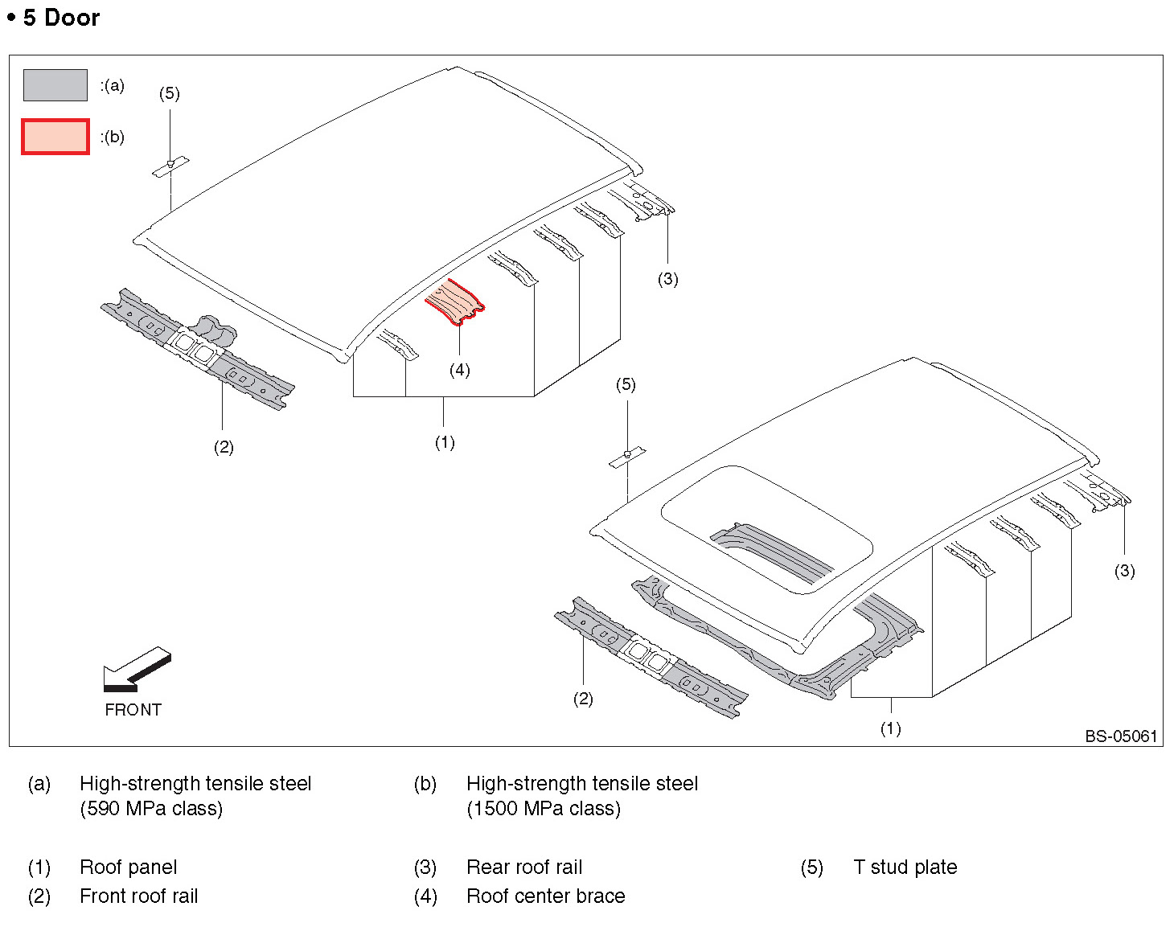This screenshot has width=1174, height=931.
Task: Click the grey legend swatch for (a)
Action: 55,85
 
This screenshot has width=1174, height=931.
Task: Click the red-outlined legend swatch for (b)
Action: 55,137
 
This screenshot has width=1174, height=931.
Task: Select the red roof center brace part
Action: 455,301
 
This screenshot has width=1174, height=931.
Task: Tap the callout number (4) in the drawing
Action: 459,370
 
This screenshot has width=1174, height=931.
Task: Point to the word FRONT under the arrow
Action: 133,710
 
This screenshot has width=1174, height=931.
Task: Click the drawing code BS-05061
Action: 1120,736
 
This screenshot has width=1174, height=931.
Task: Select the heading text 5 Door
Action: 61,18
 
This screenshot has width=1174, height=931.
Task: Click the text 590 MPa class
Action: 151,809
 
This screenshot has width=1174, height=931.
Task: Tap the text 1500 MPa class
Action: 544,809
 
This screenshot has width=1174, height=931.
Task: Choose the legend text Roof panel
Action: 129,867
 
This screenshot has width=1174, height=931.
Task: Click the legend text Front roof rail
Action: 138,896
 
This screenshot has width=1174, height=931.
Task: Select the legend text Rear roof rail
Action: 524,867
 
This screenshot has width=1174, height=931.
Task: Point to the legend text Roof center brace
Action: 545,896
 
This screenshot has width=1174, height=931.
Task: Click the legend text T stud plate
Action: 905,867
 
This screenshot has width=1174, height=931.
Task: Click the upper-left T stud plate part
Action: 170,166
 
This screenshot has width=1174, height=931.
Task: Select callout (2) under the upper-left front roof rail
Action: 224,447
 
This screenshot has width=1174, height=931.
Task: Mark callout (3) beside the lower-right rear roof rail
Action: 1124,571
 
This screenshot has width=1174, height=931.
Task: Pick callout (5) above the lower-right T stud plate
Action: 626,384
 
